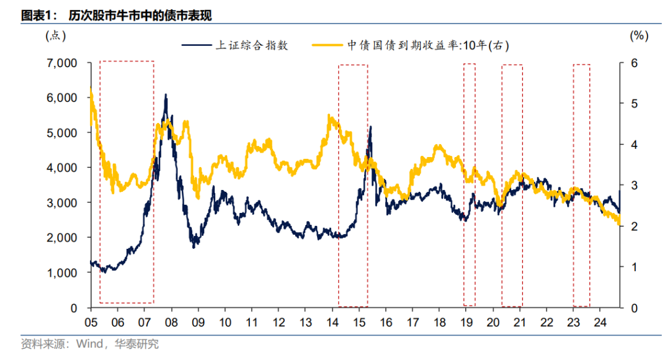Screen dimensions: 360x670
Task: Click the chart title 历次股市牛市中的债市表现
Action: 140,16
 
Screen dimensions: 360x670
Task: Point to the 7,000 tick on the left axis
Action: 61,63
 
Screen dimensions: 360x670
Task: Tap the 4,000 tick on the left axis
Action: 61,168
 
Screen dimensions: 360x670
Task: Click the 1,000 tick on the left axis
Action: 61,273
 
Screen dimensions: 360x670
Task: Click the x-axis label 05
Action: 91,323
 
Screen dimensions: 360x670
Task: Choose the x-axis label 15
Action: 359,323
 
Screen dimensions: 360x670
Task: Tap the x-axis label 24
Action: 600,323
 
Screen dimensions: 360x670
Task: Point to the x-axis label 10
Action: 225,323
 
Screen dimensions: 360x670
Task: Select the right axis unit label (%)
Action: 639,35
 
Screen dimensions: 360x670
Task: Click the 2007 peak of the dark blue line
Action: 166,95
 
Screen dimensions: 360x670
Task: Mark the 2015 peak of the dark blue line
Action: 370,127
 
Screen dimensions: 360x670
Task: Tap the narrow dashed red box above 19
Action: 470,184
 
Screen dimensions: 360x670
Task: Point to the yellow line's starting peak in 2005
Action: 91,90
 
